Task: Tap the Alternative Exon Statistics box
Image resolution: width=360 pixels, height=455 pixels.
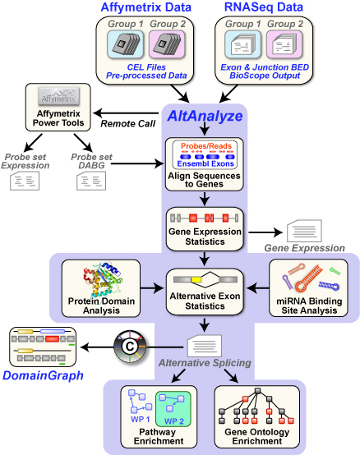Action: click(x=202, y=292)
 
